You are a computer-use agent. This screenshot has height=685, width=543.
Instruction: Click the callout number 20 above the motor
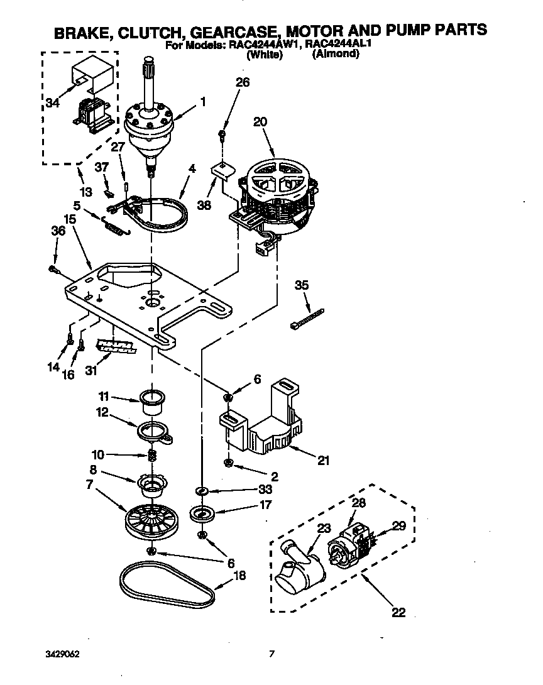(x=260, y=123)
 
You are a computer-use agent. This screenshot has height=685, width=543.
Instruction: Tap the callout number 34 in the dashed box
(x=53, y=104)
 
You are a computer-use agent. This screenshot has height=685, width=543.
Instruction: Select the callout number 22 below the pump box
(x=398, y=613)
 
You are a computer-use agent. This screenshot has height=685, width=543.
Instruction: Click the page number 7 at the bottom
(x=271, y=654)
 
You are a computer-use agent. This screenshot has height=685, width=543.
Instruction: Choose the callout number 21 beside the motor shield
(x=322, y=460)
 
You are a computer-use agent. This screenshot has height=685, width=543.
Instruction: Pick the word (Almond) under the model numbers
(x=336, y=54)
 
